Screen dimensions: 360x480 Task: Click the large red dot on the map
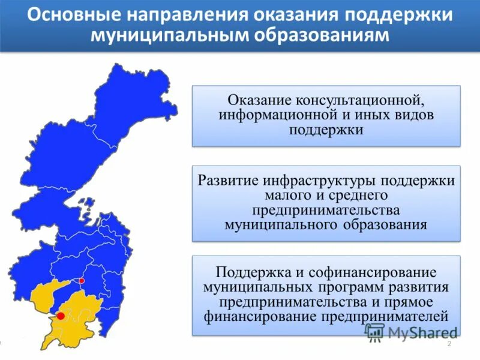pyautogui.click(x=61, y=315)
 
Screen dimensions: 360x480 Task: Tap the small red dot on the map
pyautogui.click(x=82, y=281)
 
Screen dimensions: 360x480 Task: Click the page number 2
pyautogui.click(x=449, y=343)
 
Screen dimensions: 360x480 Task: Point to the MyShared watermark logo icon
pyautogui.click(x=375, y=332)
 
